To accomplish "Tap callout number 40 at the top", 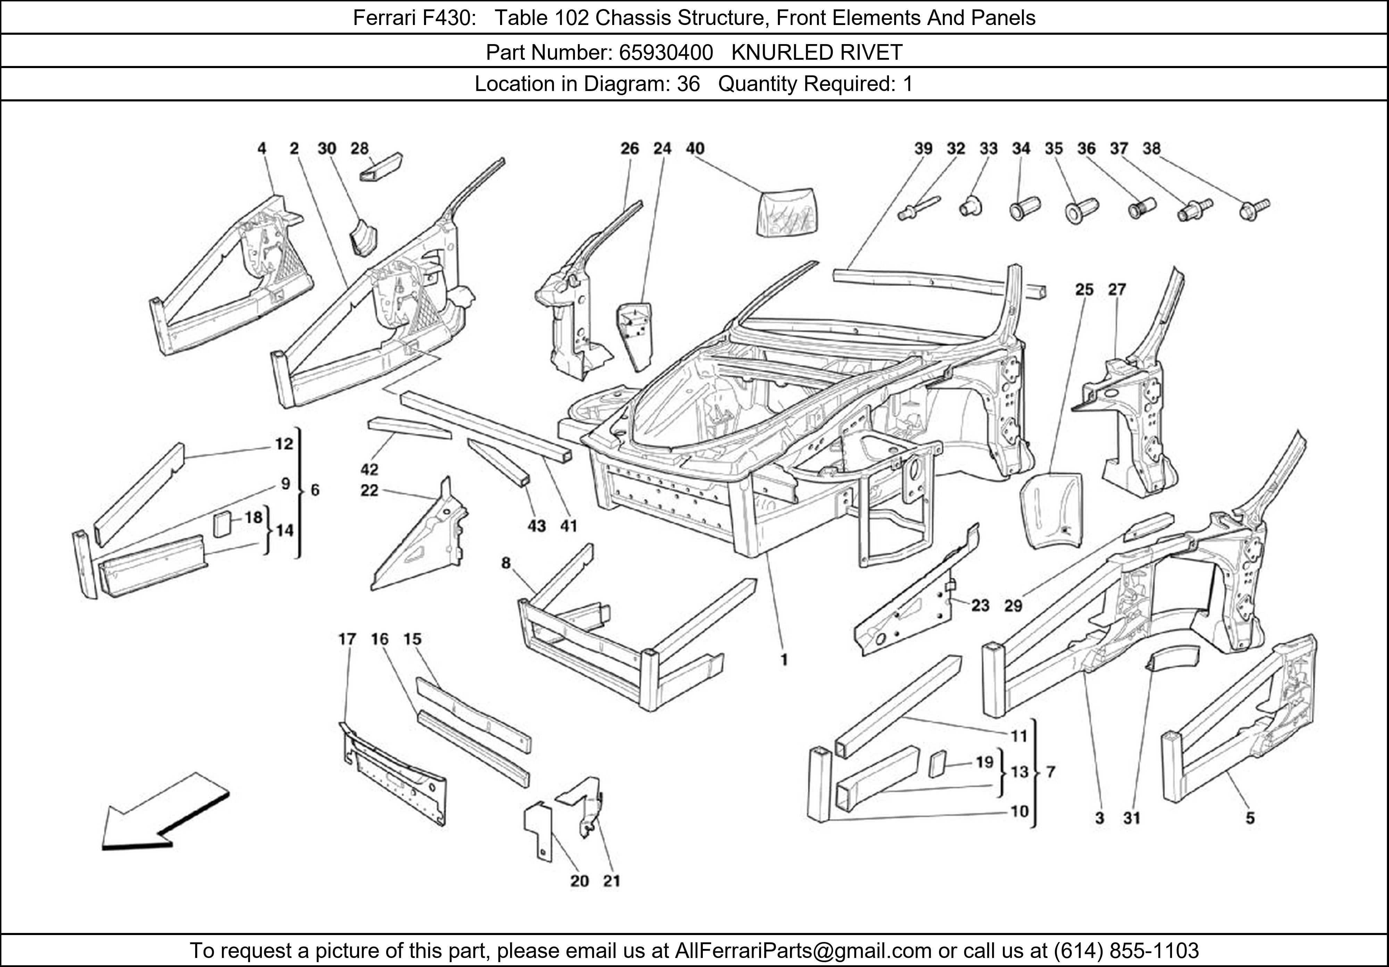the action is [695, 148].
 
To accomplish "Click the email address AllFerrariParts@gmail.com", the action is [803, 951].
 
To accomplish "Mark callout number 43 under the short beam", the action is [537, 526].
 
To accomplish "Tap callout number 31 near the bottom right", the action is [1131, 818].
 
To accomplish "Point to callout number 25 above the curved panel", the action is [1084, 290].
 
